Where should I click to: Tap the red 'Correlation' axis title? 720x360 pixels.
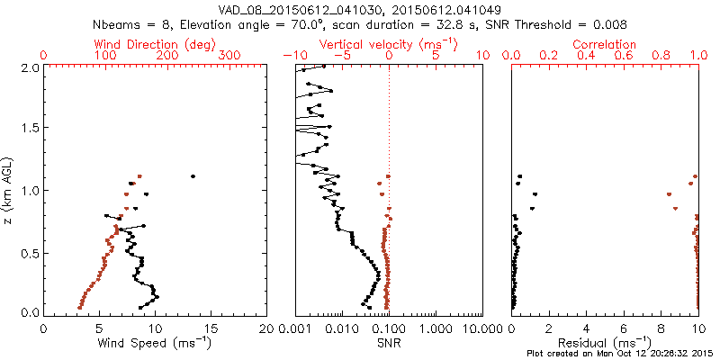pyautogui.click(x=605, y=44)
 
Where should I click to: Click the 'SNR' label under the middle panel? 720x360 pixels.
pyautogui.click(x=389, y=342)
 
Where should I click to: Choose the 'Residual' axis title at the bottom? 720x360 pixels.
pyautogui.click(x=605, y=342)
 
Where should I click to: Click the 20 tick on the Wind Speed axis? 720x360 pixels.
pyautogui.click(x=266, y=328)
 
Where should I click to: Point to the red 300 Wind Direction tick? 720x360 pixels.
pyautogui.click(x=229, y=56)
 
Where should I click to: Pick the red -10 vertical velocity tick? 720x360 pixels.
pyautogui.click(x=293, y=56)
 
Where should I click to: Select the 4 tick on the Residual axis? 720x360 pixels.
pyautogui.click(x=587, y=328)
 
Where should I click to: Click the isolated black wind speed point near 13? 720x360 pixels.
pyautogui.click(x=193, y=176)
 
